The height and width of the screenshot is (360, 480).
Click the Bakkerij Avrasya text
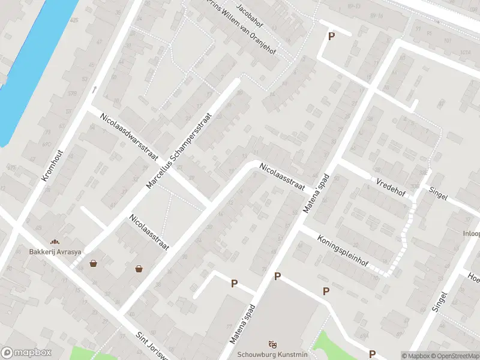55,251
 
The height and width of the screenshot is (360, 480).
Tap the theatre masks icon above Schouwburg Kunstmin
273,343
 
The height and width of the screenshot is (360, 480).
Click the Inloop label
471,233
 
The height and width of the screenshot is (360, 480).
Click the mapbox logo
26,352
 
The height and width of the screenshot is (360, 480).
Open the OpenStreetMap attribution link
454,356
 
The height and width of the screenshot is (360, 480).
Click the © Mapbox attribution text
415,356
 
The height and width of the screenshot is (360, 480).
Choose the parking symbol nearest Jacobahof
331,37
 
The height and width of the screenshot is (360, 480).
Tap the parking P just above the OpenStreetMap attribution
373,354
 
